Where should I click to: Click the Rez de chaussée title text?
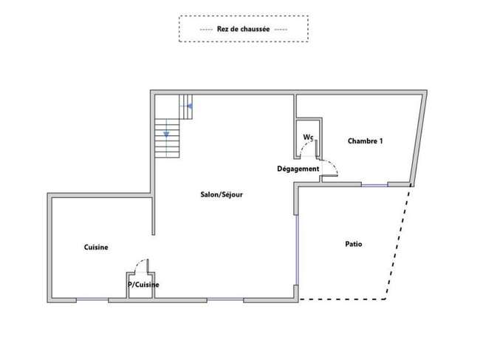tap(244, 29)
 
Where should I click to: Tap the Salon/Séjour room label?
tap(222, 194)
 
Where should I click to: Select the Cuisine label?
tap(96, 247)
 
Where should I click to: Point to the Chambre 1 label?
tap(366, 141)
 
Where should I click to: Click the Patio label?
tap(354, 244)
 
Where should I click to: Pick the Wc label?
tap(308, 137)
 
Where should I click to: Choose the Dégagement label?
tap(298, 169)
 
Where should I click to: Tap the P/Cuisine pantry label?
tap(143, 285)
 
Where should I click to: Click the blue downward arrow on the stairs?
tap(166, 135)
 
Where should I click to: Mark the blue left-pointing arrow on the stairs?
tap(190, 106)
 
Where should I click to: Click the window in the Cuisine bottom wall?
tap(92, 299)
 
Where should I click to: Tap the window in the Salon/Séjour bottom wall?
tap(225, 299)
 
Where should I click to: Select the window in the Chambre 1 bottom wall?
tap(374, 185)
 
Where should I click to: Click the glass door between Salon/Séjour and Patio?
tap(296, 250)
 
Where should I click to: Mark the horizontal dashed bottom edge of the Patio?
tap(342, 299)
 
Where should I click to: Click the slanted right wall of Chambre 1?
tap(419, 138)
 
